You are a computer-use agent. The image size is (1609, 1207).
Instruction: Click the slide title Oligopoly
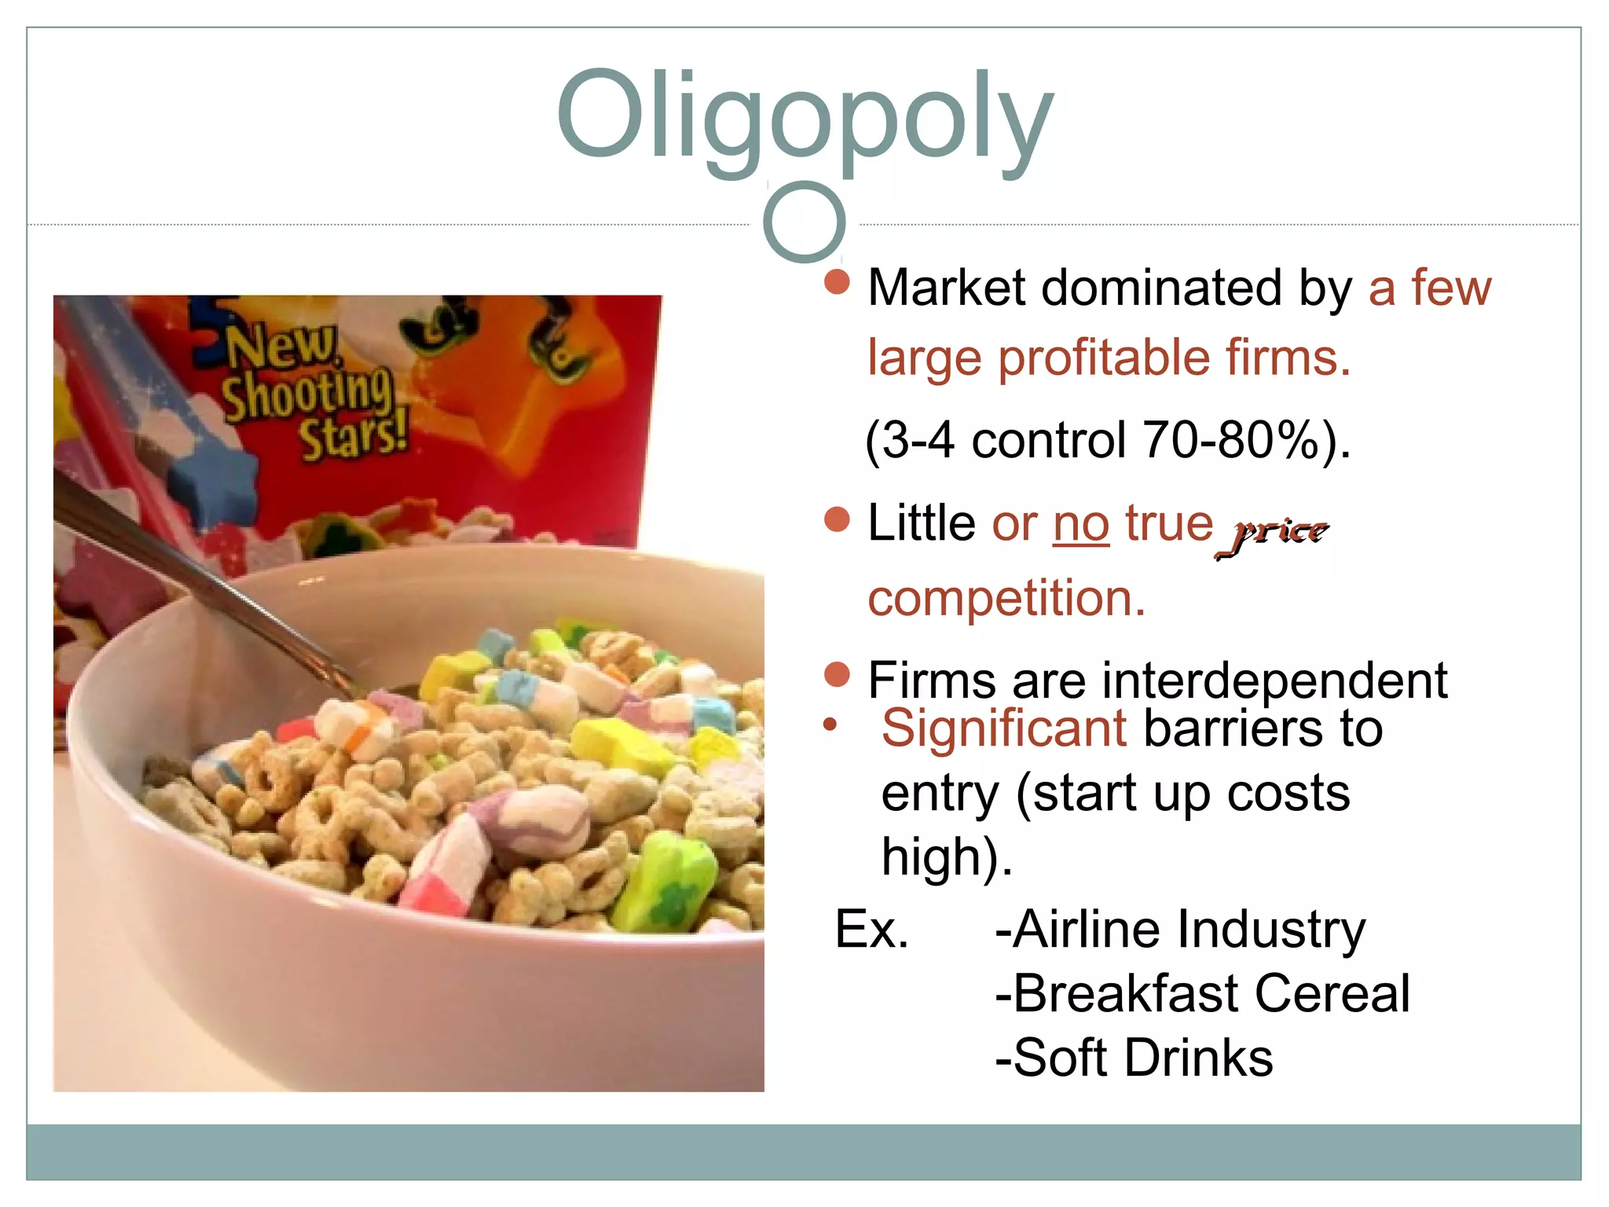pos(804,118)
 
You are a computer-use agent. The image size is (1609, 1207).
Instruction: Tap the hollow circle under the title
pos(804,222)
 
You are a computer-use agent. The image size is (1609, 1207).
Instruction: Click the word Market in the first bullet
pos(946,288)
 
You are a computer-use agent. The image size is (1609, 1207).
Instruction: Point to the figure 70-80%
pos(1230,440)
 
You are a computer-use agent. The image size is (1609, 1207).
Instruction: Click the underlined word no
pos(1081,524)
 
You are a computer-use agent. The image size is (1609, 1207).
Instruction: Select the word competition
pos(1006,599)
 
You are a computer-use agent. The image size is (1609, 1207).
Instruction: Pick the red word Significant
pos(1003,729)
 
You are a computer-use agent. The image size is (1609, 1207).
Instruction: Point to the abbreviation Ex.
pos(870,930)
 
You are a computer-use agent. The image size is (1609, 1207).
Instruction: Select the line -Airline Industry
pos(1180,930)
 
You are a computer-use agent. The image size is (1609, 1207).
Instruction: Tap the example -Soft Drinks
pos(1134,1058)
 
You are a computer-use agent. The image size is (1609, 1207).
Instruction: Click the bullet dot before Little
pos(837,520)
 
